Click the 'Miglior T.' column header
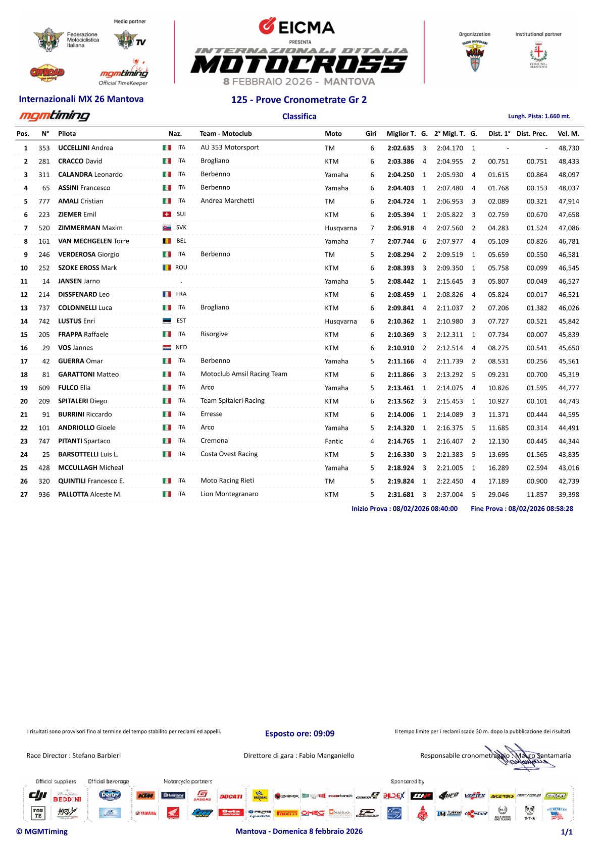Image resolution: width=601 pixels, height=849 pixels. pos(401,134)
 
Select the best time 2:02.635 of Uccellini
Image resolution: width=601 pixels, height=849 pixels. pos(400,148)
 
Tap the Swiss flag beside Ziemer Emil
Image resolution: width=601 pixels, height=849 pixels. pos(167,215)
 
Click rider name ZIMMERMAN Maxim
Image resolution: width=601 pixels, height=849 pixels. pos(90,228)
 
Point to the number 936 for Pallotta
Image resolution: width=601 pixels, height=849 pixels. pos(44,495)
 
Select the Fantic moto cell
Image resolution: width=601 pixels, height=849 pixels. pos(334,441)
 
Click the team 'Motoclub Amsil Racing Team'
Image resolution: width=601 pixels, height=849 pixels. pos(244,374)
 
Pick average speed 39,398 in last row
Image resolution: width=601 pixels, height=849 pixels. pos(569,495)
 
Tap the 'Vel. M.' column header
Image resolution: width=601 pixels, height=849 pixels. pos(568,134)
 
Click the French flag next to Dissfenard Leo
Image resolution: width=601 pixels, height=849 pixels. pos(167,294)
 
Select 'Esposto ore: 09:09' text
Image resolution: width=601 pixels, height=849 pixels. pos(299,733)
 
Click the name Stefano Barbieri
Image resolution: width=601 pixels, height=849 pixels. pos(96,756)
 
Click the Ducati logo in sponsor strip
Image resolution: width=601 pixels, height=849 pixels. pos(231,797)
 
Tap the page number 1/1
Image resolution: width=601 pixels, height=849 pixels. pos(567,832)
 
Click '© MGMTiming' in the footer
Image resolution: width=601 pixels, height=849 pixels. pos(42,831)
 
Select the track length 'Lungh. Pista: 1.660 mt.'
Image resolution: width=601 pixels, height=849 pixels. pos(539,116)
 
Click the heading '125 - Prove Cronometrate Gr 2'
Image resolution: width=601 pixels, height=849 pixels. pos(299,100)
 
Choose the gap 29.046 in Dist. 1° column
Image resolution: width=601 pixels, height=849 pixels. pos(498,495)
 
